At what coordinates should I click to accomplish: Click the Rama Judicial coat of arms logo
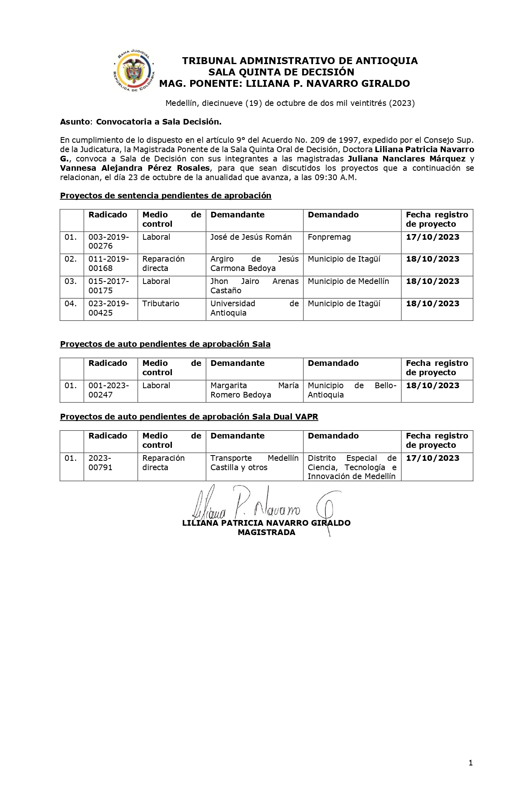point(134,71)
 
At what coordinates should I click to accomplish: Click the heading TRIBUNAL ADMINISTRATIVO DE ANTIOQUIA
point(300,61)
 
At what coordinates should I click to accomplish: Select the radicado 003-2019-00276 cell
point(109,242)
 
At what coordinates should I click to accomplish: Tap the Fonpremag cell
point(329,237)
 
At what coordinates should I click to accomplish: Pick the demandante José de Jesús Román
point(251,237)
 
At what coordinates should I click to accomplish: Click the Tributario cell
point(161,304)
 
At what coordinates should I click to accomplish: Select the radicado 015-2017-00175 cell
point(109,286)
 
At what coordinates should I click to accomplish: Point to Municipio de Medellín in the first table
point(348,282)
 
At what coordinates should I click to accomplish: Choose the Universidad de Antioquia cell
point(254,308)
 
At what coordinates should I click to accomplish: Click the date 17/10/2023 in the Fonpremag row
point(433,237)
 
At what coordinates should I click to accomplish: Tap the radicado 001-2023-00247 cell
point(109,390)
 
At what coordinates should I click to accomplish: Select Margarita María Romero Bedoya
point(254,390)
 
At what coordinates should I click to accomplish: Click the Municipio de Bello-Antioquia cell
point(352,390)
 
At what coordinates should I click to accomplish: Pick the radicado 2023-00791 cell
point(100,463)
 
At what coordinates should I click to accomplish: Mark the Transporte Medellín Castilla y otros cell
point(254,463)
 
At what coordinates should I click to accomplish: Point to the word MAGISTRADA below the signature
point(266,533)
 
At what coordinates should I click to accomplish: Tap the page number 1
point(470,763)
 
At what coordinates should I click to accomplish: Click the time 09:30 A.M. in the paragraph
point(335,178)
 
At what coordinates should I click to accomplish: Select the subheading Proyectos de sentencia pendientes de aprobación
point(165,196)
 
